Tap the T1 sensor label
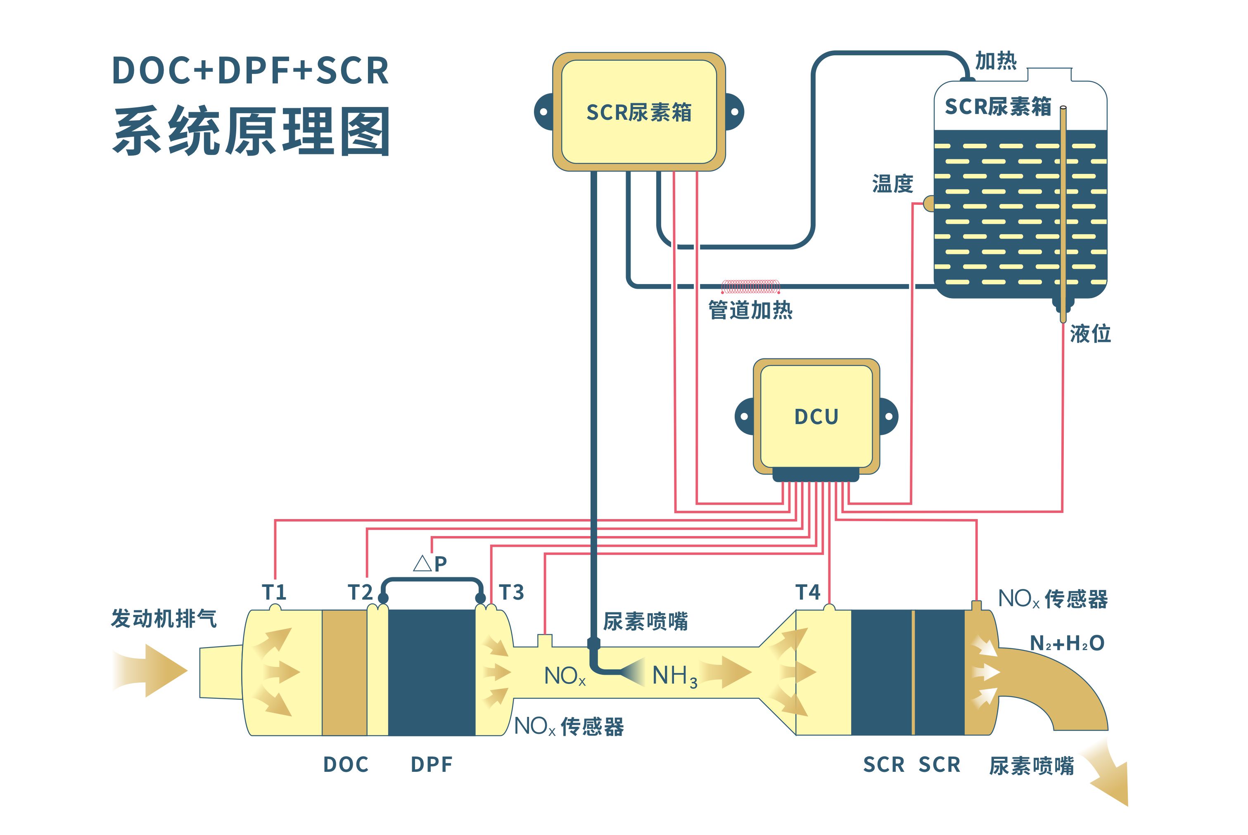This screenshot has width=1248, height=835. tap(274, 592)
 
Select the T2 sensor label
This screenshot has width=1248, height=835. tap(360, 592)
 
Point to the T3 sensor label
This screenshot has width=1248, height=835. tap(511, 592)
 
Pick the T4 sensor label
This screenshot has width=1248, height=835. tap(808, 592)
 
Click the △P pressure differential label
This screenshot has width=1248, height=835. tap(430, 563)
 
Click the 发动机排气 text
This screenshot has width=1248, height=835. tap(164, 618)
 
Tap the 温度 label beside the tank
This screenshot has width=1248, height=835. tap(892, 184)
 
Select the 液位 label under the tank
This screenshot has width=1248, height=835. tap(1090, 334)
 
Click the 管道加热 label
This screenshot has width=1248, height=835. tap(750, 310)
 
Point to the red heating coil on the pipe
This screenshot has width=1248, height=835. tap(751, 287)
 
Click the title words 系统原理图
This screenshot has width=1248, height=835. tap(251, 131)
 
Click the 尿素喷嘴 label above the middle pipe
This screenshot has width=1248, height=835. tap(645, 622)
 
